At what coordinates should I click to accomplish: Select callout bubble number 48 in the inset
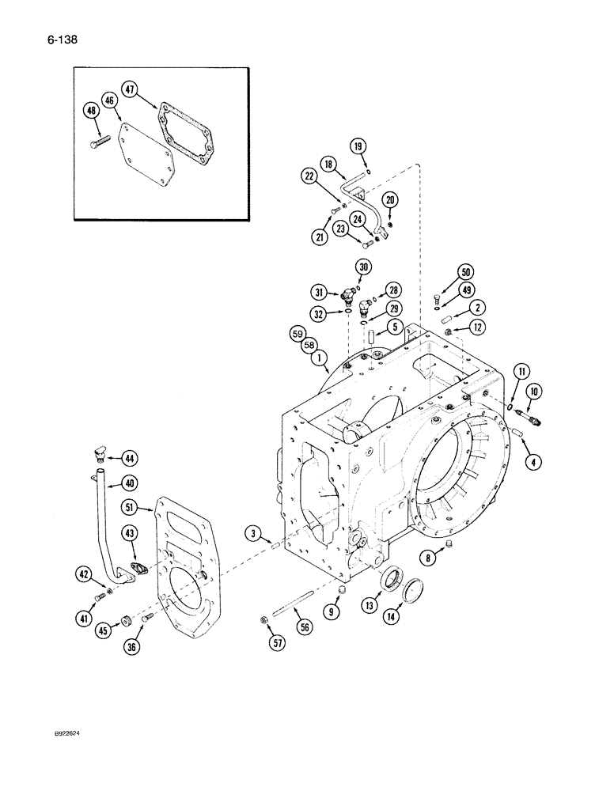click(91, 112)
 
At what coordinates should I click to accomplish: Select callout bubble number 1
click(320, 358)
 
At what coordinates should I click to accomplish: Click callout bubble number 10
click(532, 391)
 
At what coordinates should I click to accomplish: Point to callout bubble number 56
click(305, 626)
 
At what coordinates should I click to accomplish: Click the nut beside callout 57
click(262, 619)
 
